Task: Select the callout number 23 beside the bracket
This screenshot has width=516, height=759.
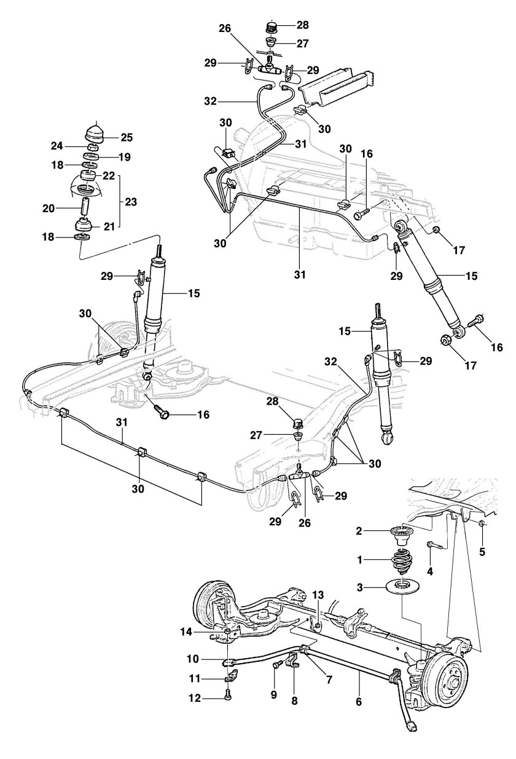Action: pos(131,202)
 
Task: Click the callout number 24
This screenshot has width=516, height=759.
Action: pos(58,146)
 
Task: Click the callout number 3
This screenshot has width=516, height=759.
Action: pos(360,587)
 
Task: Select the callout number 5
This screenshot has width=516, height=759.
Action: pos(482,552)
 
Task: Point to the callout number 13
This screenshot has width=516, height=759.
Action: pos(318,595)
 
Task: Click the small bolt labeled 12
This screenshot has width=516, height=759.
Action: pos(227,694)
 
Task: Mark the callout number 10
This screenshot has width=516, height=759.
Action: pos(193,659)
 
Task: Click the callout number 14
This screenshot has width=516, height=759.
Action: pos(186,632)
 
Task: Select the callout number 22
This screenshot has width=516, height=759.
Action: pos(109,176)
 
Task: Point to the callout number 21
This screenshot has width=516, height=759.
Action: pos(109,226)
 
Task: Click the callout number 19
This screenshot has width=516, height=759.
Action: pos(125,157)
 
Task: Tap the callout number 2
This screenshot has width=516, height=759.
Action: pos(359,530)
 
